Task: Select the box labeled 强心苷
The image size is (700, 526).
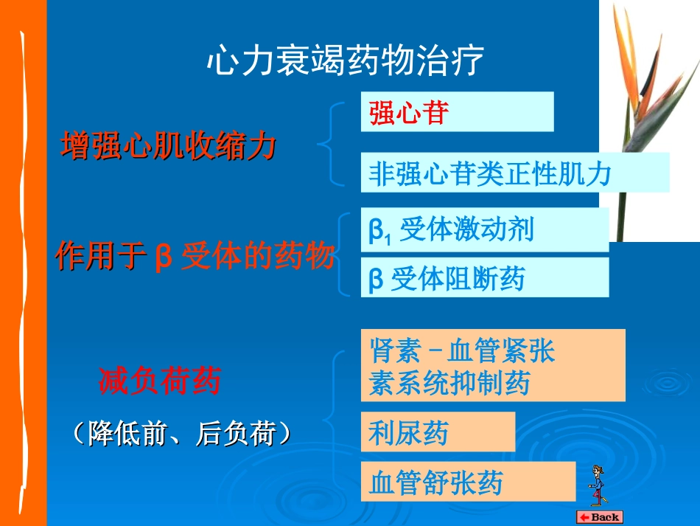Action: coord(457,112)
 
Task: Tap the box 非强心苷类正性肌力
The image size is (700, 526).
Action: coord(514,173)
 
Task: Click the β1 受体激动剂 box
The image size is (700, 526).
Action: coord(484,230)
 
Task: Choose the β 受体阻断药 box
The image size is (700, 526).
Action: coord(484,278)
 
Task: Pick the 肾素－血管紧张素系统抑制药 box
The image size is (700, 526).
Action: coord(492,366)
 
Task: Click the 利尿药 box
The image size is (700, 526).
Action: coord(438,432)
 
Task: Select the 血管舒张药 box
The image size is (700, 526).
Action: coord(467,482)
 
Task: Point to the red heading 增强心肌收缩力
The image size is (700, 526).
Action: coord(168,145)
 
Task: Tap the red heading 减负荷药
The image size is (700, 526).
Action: coord(159,381)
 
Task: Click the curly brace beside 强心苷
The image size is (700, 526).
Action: coord(332,144)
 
